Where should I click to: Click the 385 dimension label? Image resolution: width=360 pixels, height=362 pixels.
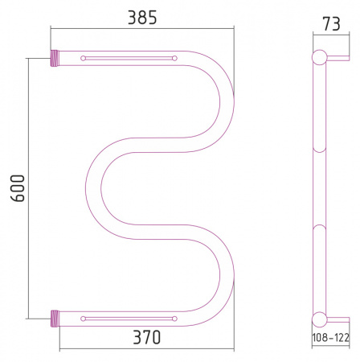click(x=142, y=18)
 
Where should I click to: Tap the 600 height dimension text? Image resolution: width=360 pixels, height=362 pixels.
click(x=18, y=188)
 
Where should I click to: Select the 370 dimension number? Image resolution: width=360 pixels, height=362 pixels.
click(x=147, y=337)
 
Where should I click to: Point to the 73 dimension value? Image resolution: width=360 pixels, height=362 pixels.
click(x=331, y=24)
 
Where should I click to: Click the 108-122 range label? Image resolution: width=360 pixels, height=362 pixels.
click(x=331, y=338)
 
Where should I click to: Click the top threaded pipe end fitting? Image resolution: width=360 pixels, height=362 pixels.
click(x=55, y=58)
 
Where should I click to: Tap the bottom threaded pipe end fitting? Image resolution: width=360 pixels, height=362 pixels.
click(x=55, y=319)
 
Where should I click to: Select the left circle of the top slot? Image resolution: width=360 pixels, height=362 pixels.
click(x=83, y=58)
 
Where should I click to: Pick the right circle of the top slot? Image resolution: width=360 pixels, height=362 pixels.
click(x=174, y=58)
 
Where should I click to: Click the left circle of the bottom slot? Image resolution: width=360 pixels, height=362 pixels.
click(x=83, y=319)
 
